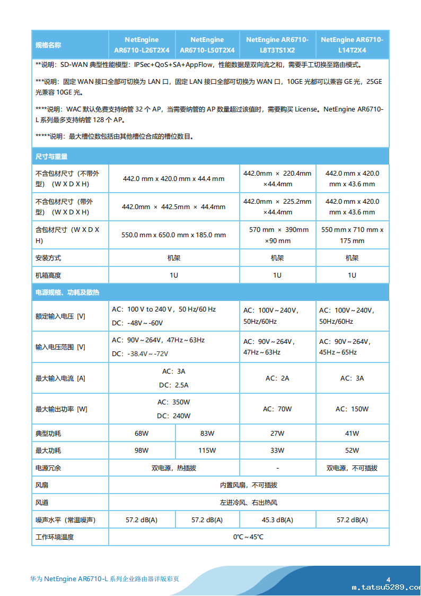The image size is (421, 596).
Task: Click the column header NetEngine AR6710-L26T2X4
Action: pos(142,45)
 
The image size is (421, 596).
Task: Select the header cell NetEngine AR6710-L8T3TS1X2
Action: pos(277,45)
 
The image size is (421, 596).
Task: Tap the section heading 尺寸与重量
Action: pos(51,157)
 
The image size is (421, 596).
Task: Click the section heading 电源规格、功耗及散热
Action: pos(67,292)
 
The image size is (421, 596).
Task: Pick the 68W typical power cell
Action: pos(142,434)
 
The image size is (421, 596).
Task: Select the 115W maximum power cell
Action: pos(207,451)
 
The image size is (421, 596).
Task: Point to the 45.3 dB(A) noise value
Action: pos(277,520)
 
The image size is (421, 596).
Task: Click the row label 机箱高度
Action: pos(48,275)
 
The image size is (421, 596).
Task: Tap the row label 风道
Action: pos(42,503)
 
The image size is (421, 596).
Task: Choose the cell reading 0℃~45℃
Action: pos(248,537)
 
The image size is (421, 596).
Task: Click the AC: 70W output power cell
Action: pos(277,409)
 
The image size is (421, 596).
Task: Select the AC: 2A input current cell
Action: pos(277,378)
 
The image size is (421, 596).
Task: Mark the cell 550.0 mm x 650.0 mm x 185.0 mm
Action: pos(174,235)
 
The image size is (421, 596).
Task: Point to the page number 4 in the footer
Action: pos(388,580)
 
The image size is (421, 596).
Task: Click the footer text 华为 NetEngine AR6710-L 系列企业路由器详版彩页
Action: pos(104,578)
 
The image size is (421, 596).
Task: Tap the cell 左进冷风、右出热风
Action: pos(248,503)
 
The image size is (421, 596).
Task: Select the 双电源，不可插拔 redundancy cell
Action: pos(352,468)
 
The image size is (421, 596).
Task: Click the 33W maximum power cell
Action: pos(277,451)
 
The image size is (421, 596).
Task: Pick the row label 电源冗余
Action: pos(48,468)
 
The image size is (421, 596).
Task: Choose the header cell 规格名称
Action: pos(48,45)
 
